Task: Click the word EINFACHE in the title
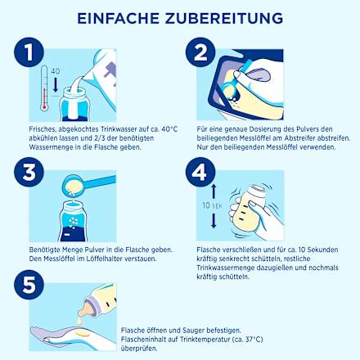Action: pyautogui.click(x=122, y=17)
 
